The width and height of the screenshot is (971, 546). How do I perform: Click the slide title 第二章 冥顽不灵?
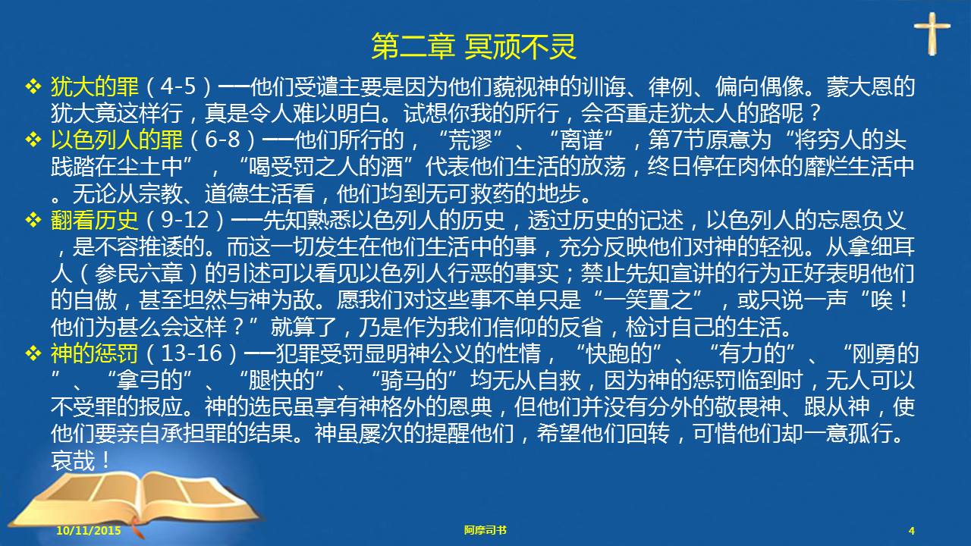coord(474,47)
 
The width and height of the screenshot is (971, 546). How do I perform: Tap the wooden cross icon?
coord(932,33)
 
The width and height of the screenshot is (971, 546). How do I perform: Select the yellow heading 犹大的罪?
coord(95,86)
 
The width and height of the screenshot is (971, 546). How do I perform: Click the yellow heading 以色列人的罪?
coord(117,140)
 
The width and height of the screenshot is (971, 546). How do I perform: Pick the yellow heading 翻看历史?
coord(95,220)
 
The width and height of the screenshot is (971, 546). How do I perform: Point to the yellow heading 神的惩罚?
coord(95,353)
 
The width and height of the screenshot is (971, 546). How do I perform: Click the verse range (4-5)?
coord(178,86)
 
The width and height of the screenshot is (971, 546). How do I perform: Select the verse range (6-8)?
coord(223,140)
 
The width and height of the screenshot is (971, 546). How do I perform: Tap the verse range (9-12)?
coord(184,220)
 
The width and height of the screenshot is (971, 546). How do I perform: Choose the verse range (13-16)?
coord(191,353)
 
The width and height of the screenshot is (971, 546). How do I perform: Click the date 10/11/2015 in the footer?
coord(89,530)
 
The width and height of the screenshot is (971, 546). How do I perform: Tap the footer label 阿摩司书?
coord(485,530)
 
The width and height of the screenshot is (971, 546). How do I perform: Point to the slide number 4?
coord(912,531)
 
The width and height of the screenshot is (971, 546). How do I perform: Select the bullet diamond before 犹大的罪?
coord(33,86)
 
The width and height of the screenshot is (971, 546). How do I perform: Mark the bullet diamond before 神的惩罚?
coord(33,353)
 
